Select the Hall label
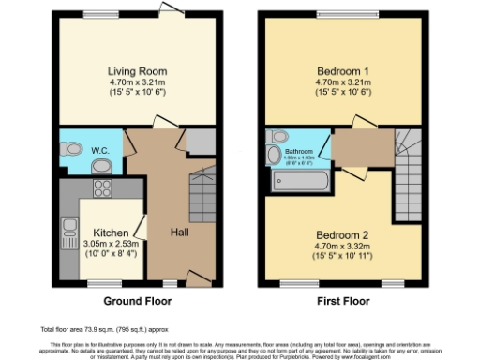click(x=182, y=232)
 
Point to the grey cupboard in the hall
click(x=200, y=141)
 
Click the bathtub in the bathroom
click(x=295, y=179)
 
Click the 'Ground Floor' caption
click(x=138, y=303)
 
